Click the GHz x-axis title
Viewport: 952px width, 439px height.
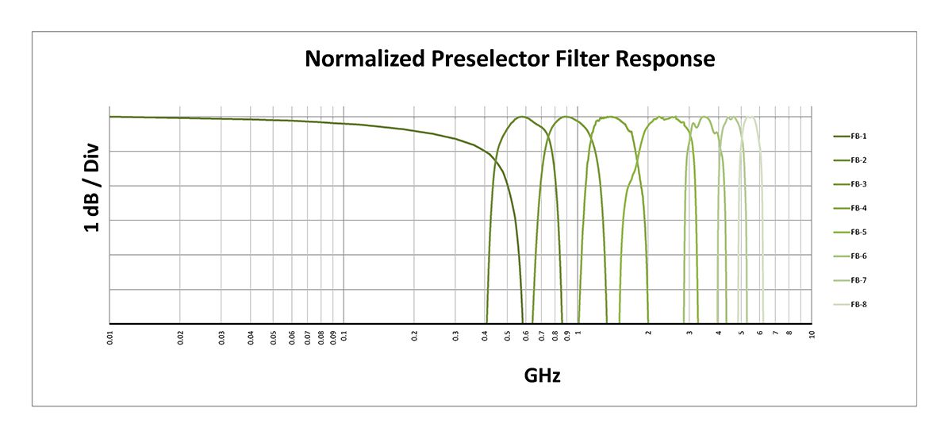pos(542,375)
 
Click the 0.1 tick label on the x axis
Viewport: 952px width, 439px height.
pos(344,337)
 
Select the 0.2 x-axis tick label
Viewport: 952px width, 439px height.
pos(415,337)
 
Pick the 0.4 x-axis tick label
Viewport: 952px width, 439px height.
pos(486,337)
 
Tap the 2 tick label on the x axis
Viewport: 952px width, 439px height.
pos(648,334)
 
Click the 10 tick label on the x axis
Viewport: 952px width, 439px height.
pos(812,335)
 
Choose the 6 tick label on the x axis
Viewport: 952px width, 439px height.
pos(760,334)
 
